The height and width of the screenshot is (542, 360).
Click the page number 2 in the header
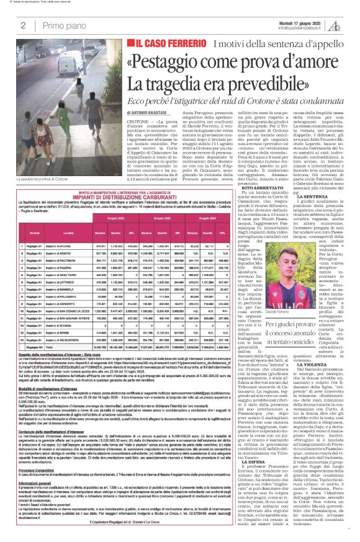tap(22, 25)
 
